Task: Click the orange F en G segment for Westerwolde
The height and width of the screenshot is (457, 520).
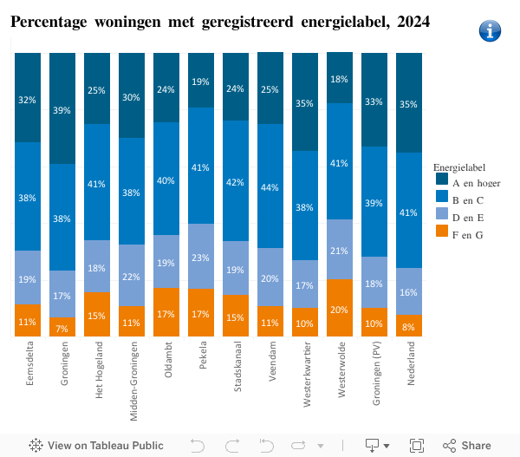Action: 340,308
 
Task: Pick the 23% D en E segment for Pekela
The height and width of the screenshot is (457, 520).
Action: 201,257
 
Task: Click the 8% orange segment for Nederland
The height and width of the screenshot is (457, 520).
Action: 409,325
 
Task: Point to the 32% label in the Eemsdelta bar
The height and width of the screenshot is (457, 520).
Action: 28,100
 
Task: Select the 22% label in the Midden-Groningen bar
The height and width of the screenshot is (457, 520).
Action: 132,276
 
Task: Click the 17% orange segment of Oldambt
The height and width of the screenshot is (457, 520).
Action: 166,312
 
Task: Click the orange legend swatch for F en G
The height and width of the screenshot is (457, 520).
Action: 441,234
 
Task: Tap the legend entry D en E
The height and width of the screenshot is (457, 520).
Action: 467,217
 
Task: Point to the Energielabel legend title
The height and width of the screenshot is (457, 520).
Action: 459,166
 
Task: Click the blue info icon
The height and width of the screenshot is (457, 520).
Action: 490,31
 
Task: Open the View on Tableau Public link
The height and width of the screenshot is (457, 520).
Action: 96,445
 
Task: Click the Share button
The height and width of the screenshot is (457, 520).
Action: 467,445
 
